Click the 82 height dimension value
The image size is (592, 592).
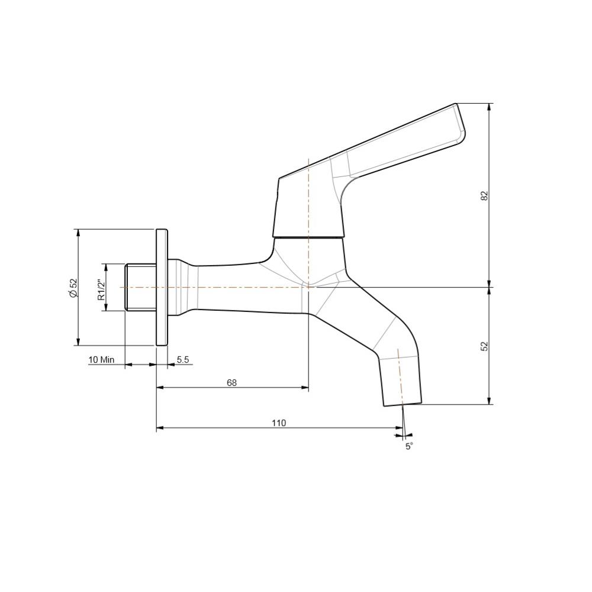pyautogui.click(x=484, y=195)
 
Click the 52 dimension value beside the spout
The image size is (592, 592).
pyautogui.click(x=484, y=346)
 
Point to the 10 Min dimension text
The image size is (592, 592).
pyautogui.click(x=101, y=359)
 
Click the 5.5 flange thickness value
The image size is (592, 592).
pyautogui.click(x=182, y=359)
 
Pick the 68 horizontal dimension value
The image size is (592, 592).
pyautogui.click(x=231, y=382)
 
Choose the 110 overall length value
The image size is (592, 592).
pyautogui.click(x=278, y=423)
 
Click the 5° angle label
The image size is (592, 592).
pyautogui.click(x=409, y=446)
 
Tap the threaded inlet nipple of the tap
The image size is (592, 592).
pyautogui.click(x=140, y=287)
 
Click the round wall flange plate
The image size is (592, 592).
pyautogui.click(x=162, y=287)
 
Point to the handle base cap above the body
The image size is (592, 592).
pyautogui.click(x=308, y=207)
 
